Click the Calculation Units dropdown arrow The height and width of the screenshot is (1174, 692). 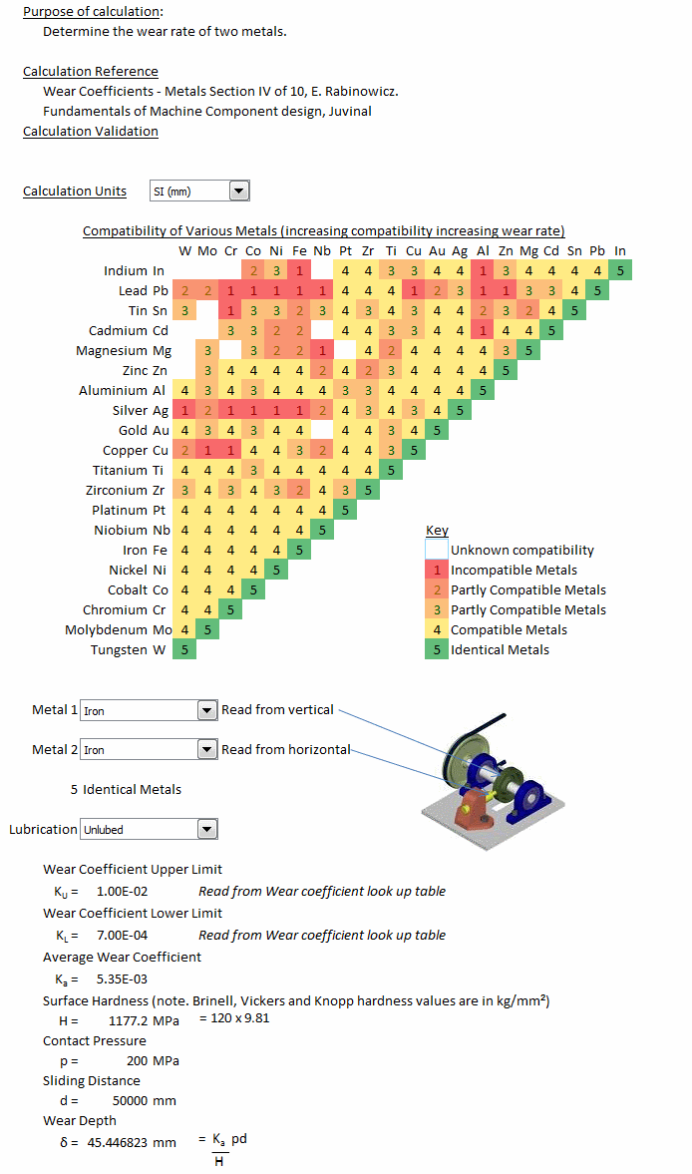tap(238, 191)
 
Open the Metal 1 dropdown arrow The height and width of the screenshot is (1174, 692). tap(207, 710)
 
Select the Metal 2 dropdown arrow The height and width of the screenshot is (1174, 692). tap(207, 749)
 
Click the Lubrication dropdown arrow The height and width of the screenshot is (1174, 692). tap(207, 829)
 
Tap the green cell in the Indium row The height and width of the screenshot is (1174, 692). tap(620, 270)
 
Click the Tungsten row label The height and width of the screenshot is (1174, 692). tap(128, 650)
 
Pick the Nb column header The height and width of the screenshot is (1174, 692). tap(322, 250)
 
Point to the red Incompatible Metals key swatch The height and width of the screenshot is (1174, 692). tap(437, 570)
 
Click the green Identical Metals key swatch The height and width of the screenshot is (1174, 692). tap(437, 650)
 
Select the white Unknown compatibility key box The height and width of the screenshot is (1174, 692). tap(437, 550)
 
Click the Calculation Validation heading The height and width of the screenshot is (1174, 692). tap(91, 131)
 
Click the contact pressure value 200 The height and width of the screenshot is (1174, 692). tap(137, 1061)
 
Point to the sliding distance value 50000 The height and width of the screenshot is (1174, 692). tap(131, 1100)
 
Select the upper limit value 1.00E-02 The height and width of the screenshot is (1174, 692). tap(122, 892)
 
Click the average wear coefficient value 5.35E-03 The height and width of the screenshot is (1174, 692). tap(122, 979)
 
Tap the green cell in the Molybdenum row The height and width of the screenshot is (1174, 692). tap(208, 629)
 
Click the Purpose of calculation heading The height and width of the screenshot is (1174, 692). tap(94, 12)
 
